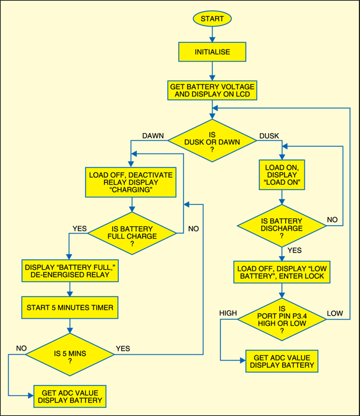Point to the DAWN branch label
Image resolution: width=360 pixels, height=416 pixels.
[153, 136]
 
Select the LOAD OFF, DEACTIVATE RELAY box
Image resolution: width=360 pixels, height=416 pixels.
[130, 182]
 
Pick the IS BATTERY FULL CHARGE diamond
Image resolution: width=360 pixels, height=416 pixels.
[132, 233]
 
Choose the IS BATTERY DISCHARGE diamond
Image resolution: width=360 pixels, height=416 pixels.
[282, 226]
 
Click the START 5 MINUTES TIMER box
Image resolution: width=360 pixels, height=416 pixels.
[71, 307]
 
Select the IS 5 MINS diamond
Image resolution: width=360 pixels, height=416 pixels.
[71, 355]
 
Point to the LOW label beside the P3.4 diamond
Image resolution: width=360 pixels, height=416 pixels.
[335, 313]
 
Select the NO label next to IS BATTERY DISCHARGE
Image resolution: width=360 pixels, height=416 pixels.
[333, 219]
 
